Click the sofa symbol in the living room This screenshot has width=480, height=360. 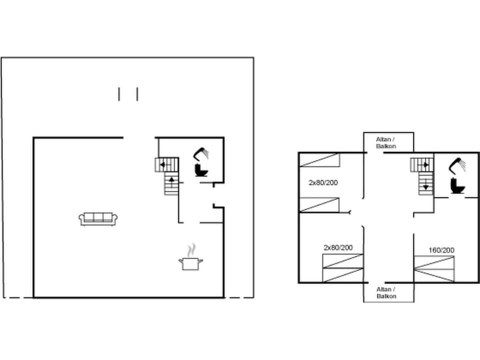pyautogui.click(x=98, y=218)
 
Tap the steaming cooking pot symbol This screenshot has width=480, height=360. pyautogui.click(x=190, y=263)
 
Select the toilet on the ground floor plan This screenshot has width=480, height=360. pyautogui.click(x=201, y=170)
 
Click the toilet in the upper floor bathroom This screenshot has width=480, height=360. pyautogui.click(x=457, y=186)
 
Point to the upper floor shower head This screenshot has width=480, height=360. pyautogui.click(x=457, y=164)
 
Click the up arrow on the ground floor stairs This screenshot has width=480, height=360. pyautogui.click(x=171, y=178)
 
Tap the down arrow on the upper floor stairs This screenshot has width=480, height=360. pyautogui.click(x=425, y=186)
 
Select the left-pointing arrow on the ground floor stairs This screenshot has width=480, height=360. pyautogui.click(x=162, y=164)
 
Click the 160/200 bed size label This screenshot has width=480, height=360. pyautogui.click(x=441, y=250)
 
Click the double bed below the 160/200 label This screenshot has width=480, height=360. pyautogui.click(x=434, y=269)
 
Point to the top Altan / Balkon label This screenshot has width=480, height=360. pyautogui.click(x=386, y=142)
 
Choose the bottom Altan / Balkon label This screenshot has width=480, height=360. pyautogui.click(x=386, y=292)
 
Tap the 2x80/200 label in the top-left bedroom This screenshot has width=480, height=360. pyautogui.click(x=323, y=182)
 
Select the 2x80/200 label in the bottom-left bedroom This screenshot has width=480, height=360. pyautogui.click(x=338, y=247)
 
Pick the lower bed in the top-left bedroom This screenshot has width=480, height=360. pyautogui.click(x=319, y=205)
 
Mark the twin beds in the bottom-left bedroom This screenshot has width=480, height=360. pyautogui.click(x=342, y=268)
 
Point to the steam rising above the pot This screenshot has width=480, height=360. pyautogui.click(x=190, y=249)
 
